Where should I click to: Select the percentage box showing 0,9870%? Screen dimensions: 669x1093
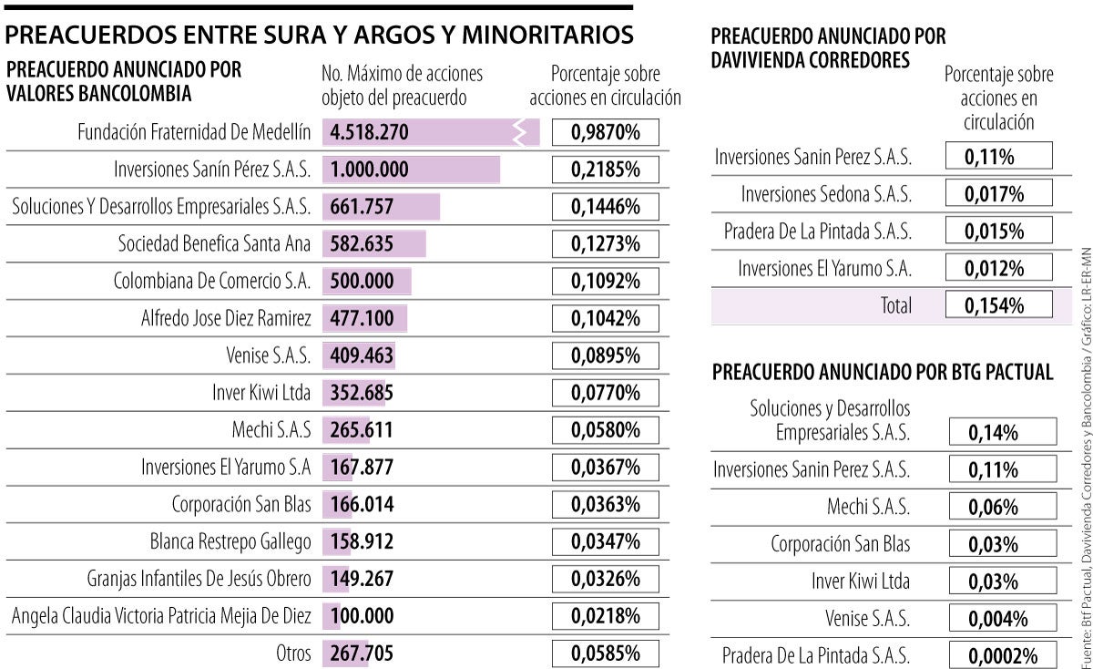coord(606,133)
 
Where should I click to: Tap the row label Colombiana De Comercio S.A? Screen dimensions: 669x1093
coord(212,282)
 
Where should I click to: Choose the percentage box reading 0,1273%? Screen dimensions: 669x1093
coord(606,244)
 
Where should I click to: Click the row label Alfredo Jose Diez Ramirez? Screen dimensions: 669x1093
coord(226,319)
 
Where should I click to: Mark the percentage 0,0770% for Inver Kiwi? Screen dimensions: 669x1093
coord(606,393)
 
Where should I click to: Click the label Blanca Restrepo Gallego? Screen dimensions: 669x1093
coord(230,541)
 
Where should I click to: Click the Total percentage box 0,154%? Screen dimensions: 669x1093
coord(998,304)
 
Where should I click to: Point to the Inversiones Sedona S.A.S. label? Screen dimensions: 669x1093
coord(825,194)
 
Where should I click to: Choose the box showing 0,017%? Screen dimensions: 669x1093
coord(998,194)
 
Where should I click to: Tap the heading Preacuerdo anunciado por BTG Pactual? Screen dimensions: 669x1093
coord(883,372)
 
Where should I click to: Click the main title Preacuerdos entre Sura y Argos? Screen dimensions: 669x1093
coord(320,36)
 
